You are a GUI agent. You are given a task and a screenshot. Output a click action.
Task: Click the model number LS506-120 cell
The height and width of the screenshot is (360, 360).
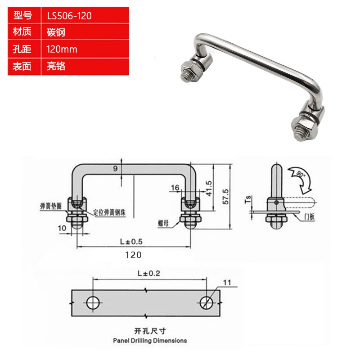(69, 16)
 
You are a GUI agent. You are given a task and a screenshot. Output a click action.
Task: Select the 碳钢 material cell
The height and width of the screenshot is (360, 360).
(56, 32)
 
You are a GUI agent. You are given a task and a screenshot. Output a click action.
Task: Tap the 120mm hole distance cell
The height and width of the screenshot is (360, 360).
(62, 49)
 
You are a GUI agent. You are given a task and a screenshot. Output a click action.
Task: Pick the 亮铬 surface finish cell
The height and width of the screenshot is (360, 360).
(56, 66)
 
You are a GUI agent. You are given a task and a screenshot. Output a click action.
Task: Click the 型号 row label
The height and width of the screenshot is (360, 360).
(22, 15)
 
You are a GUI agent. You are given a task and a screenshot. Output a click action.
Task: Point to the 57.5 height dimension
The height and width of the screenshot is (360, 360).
(225, 197)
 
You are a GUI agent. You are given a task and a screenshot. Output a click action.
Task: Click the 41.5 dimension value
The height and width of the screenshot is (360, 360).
(209, 188)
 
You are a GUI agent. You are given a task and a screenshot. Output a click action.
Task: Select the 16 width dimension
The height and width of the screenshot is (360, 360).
(175, 188)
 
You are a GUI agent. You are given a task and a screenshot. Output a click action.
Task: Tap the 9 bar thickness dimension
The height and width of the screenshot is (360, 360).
(115, 169)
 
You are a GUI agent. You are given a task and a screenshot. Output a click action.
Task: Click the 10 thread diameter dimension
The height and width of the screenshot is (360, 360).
(62, 228)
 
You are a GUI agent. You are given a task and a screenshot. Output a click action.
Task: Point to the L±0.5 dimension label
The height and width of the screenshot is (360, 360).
(131, 242)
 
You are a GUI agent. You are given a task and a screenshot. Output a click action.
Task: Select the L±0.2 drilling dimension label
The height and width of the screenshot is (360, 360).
(149, 273)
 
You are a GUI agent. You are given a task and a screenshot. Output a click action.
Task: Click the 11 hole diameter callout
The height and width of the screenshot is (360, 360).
(227, 283)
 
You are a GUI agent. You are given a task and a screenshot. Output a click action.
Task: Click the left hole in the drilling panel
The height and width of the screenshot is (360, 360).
(93, 303)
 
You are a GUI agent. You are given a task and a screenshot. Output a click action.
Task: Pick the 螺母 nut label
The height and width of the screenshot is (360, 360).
(163, 223)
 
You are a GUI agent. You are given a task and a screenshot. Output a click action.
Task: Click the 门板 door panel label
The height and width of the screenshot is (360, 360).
(309, 216)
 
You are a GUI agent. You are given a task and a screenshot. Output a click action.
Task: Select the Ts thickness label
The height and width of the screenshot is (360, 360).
(248, 199)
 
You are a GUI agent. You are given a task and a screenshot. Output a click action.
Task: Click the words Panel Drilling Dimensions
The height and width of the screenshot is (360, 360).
(150, 341)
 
